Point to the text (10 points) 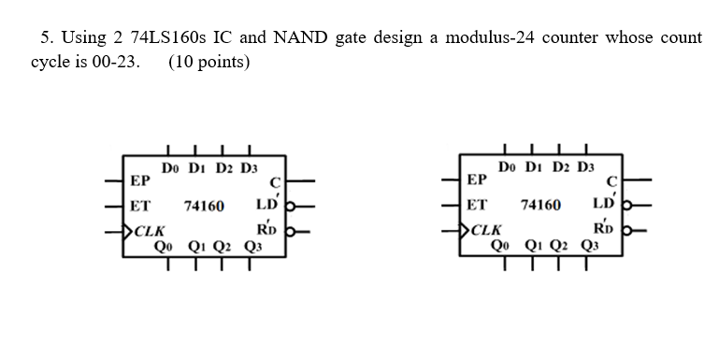click(x=209, y=62)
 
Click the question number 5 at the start click(x=46, y=37)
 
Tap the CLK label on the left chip click(x=151, y=230)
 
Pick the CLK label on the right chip click(x=487, y=230)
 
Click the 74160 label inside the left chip click(x=203, y=205)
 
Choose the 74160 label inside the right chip click(x=540, y=205)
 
